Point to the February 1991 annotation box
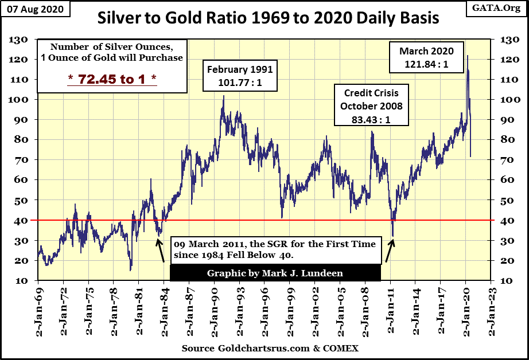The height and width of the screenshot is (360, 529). pyautogui.click(x=239, y=76)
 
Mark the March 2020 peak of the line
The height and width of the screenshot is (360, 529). pyautogui.click(x=467, y=56)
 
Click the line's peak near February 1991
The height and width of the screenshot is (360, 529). pyautogui.click(x=223, y=96)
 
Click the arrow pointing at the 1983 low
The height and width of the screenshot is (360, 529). pyautogui.click(x=161, y=251)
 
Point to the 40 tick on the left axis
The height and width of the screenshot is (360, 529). pyautogui.click(x=21, y=220)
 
